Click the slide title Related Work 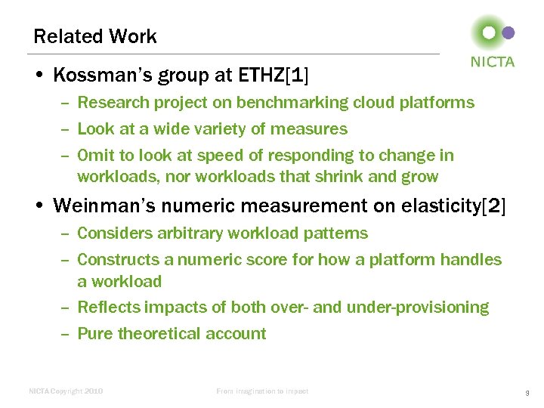coord(95,36)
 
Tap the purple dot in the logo coord(508,32)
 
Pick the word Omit coord(95,156)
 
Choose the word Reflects coord(109,308)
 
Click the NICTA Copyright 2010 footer coord(66,391)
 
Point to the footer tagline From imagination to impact coord(262,391)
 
